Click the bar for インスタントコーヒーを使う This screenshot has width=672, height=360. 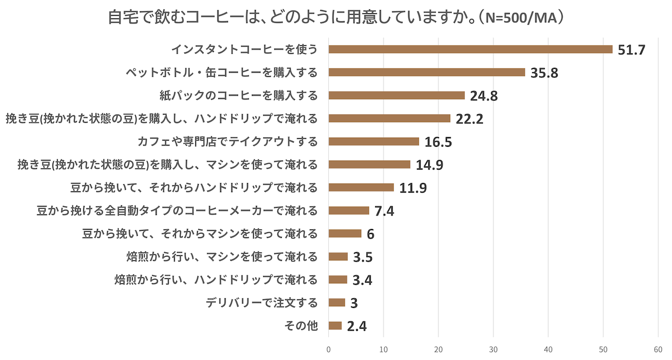(x=470, y=49)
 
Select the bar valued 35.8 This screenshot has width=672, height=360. (x=427, y=72)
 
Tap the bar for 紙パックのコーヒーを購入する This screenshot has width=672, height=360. (x=396, y=95)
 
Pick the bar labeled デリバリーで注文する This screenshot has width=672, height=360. (x=337, y=303)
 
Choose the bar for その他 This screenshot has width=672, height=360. (x=335, y=326)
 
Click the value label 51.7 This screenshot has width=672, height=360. (x=632, y=50)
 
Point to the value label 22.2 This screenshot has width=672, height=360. (x=469, y=119)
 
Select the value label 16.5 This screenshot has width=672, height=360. (x=438, y=142)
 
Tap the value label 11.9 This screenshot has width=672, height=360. (x=413, y=188)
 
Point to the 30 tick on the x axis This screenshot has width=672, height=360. (x=493, y=348)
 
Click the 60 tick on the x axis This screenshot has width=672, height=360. (x=658, y=348)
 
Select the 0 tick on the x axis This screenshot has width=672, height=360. (x=329, y=348)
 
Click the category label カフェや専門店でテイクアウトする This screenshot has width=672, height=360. (x=227, y=141)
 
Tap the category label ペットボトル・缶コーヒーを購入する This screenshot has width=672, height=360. (x=221, y=72)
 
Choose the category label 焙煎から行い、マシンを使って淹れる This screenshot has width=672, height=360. (x=222, y=257)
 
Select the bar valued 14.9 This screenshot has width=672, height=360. (x=370, y=165)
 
